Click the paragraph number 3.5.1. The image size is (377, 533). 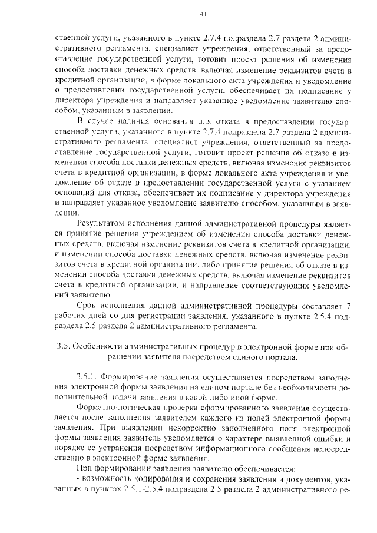[x=87, y=376]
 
